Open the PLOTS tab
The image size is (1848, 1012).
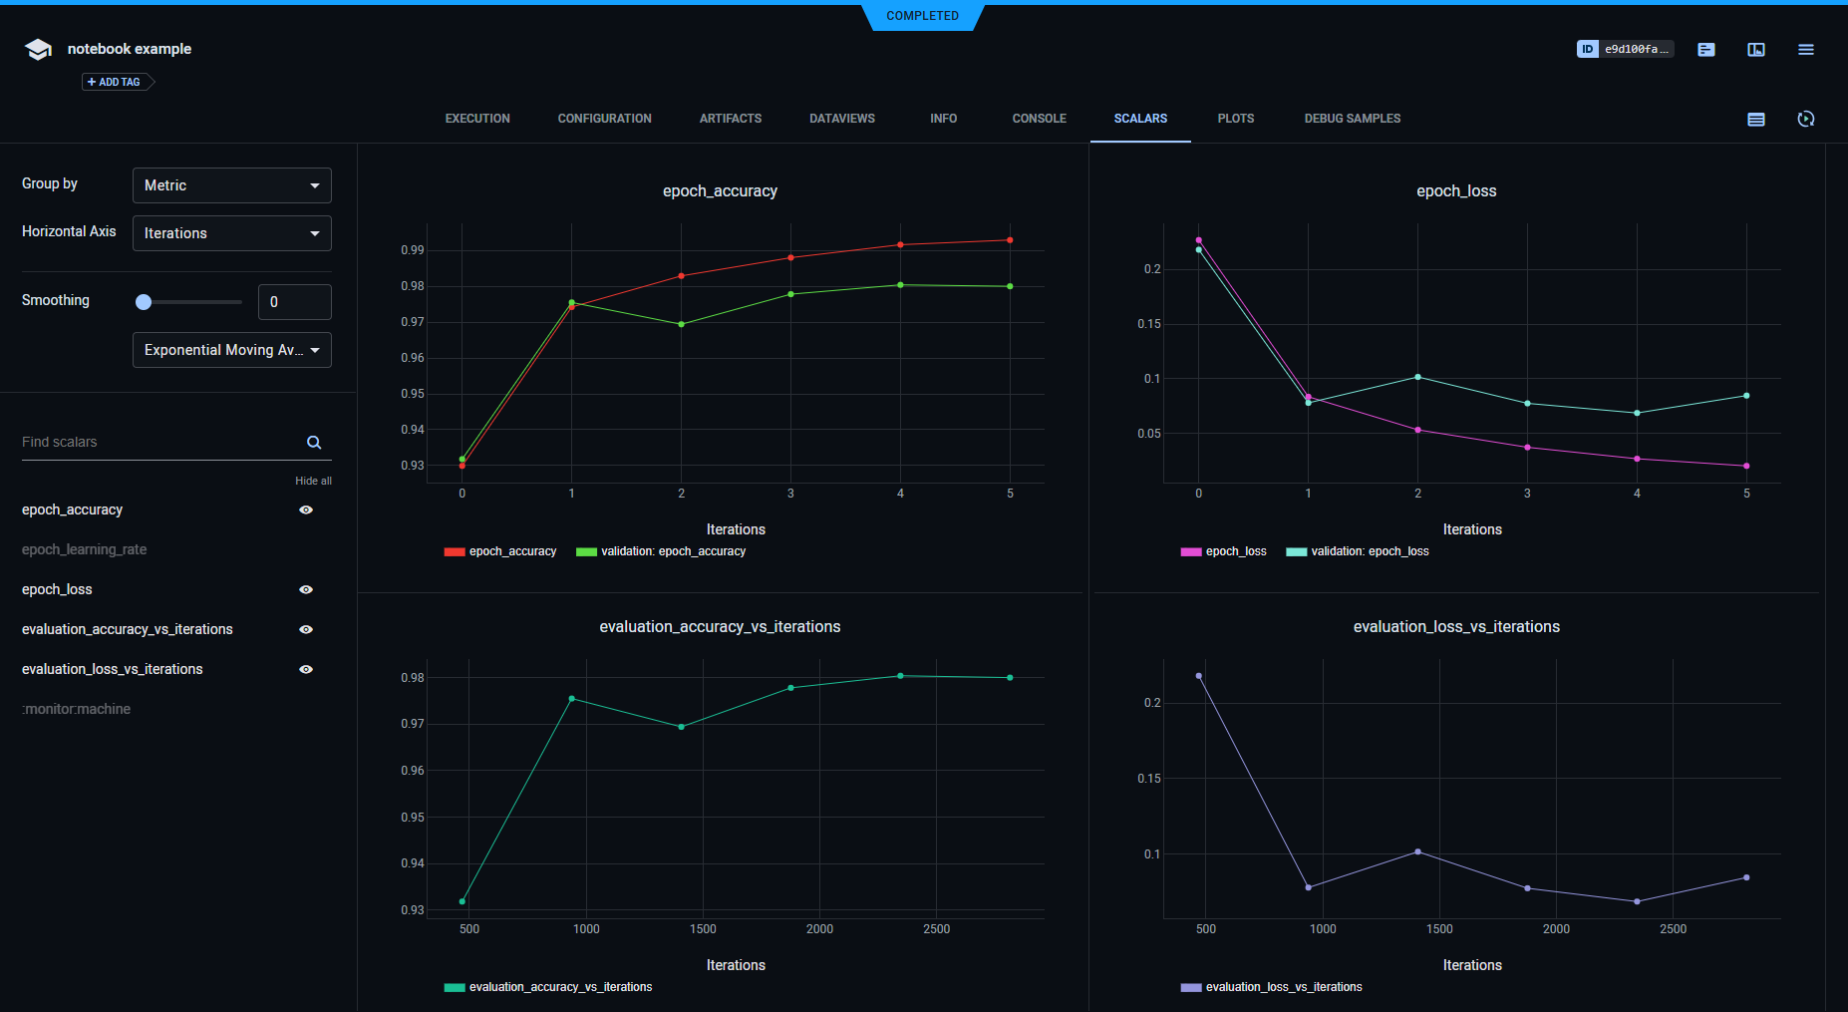(1235, 119)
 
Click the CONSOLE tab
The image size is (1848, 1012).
(1039, 119)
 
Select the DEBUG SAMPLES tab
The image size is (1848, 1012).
(1352, 119)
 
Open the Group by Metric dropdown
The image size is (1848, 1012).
(231, 185)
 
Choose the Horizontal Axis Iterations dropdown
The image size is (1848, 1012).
(231, 233)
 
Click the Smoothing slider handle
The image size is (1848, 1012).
(144, 302)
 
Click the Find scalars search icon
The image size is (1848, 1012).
(314, 443)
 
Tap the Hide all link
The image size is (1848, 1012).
(313, 481)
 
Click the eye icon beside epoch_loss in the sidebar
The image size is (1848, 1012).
(306, 589)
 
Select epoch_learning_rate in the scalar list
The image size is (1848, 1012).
(85, 549)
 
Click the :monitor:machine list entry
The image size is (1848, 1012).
(77, 709)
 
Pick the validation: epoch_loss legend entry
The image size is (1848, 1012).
(1369, 551)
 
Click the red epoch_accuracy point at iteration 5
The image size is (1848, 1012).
(1010, 240)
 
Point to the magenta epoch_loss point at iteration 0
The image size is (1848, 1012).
(1198, 240)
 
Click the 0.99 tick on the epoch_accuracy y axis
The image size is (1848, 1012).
(412, 250)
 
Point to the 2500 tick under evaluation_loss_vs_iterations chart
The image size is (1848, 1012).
(1673, 929)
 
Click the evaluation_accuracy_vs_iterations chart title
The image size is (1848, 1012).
(720, 627)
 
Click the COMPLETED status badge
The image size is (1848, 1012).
(922, 16)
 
